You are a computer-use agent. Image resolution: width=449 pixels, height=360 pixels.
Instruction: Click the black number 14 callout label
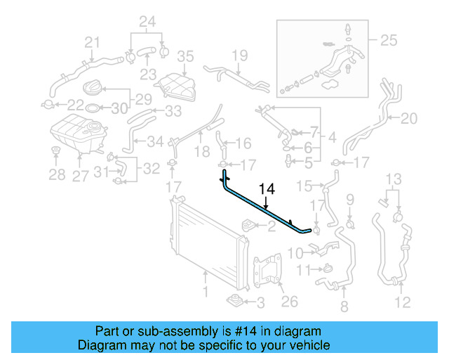[267, 189]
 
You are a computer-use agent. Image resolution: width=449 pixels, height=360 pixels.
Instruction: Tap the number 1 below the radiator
[205, 291]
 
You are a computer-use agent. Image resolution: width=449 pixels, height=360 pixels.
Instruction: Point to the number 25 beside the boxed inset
[389, 41]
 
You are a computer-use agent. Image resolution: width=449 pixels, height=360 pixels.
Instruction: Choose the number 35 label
[185, 56]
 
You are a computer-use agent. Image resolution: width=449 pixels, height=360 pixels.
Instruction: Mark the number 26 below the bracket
[289, 302]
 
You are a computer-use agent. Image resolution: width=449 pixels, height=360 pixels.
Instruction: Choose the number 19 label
[240, 55]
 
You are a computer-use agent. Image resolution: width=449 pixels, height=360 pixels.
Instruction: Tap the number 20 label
[408, 118]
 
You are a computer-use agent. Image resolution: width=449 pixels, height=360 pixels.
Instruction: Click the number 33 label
[172, 111]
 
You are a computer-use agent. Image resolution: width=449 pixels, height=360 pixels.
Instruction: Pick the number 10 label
[295, 252]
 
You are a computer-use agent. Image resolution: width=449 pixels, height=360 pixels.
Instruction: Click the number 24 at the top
[147, 20]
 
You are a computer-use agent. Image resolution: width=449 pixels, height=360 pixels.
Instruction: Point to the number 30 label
[120, 108]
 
